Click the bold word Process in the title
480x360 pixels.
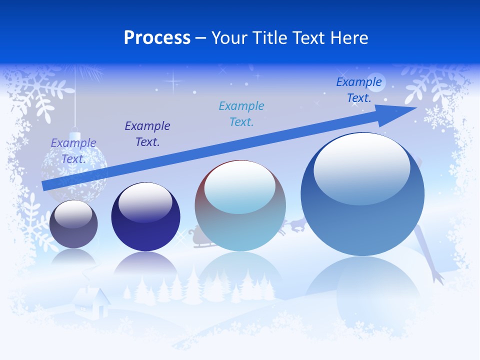157,38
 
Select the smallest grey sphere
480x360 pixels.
73,224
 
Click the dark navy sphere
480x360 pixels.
145,216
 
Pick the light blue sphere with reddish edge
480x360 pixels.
240,205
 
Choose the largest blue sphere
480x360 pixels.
362,194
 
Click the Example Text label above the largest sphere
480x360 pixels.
358,90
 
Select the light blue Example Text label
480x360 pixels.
241,113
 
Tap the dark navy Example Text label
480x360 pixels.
147,133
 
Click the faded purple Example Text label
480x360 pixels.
73,150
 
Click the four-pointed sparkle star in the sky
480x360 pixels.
174,80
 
